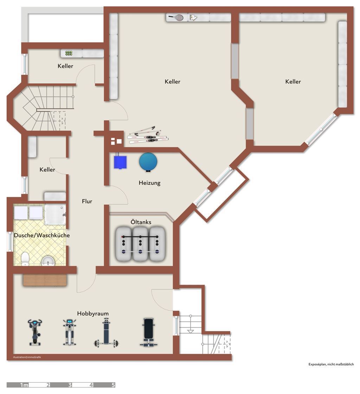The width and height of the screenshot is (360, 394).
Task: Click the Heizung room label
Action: [x=149, y=183]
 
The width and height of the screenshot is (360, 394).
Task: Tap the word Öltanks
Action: [x=141, y=222]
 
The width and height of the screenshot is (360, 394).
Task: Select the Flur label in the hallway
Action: [x=87, y=201]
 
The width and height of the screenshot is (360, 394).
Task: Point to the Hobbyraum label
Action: [x=93, y=313]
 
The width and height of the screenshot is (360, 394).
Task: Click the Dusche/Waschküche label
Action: [x=42, y=235]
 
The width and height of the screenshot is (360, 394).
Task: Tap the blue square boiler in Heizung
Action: [x=120, y=162]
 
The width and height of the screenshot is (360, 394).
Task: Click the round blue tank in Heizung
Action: [x=148, y=162]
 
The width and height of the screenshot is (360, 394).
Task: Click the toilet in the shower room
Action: [x=25, y=259]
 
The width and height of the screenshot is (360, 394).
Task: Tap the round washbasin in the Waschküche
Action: [x=48, y=261]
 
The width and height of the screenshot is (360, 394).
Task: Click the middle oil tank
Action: [x=140, y=244]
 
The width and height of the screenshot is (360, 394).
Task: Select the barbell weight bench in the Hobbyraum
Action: [x=107, y=332]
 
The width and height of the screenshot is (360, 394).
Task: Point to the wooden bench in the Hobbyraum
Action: [x=45, y=280]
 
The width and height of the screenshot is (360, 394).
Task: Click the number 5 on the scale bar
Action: [x=113, y=385]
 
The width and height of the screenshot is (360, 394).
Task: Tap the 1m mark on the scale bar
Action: [x=24, y=385]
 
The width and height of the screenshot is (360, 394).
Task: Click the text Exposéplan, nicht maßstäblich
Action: [x=331, y=364]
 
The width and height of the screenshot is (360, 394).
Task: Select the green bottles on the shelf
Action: [x=69, y=53]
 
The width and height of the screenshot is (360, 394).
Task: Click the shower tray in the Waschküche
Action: [x=55, y=214]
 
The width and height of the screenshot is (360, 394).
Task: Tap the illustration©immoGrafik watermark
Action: [x=27, y=357]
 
